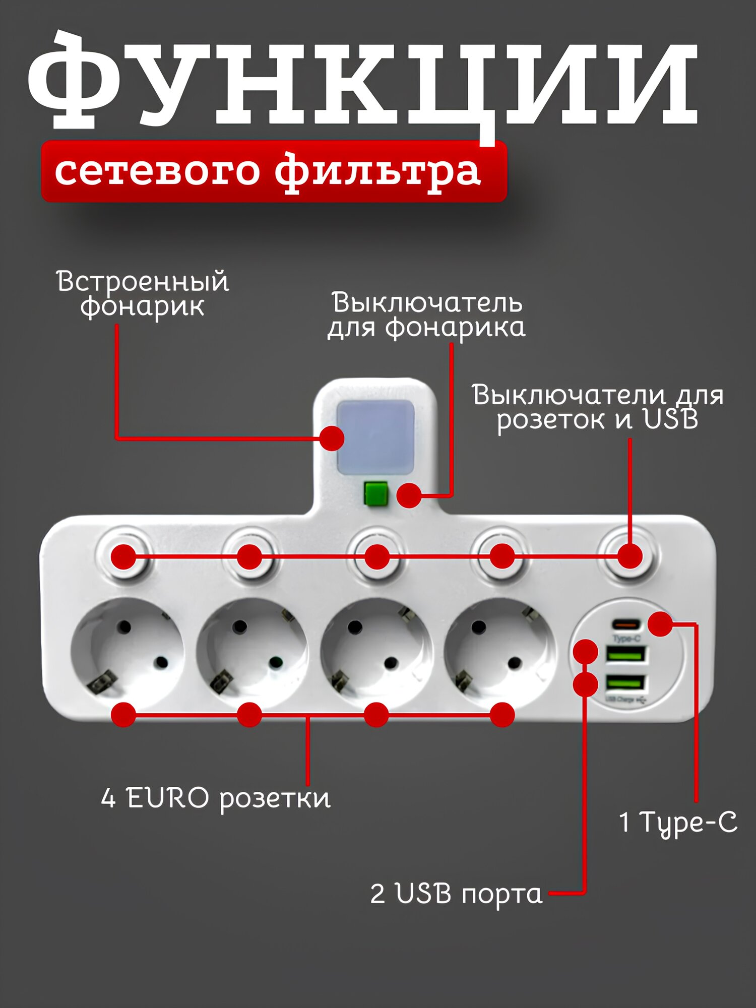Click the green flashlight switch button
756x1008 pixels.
[376, 494]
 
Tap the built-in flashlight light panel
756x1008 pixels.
[375, 437]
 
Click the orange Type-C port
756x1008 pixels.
[626, 625]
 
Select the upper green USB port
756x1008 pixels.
[625, 654]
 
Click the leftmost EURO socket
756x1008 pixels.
[127, 653]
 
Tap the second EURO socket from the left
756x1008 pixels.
[252, 653]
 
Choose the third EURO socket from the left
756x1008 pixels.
[376, 653]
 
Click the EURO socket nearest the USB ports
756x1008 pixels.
[500, 653]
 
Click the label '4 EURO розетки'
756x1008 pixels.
[216, 798]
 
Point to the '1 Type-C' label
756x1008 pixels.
[678, 823]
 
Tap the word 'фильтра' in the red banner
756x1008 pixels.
[377, 171]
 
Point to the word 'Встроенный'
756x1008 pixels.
[143, 281]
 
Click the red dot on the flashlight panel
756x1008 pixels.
[332, 438]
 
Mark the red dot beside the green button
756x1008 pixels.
[409, 495]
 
